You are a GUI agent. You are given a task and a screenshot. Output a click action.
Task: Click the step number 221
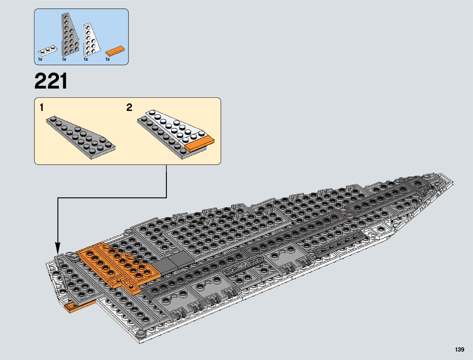coord(51,81)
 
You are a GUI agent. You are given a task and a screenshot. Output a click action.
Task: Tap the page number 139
coord(459,349)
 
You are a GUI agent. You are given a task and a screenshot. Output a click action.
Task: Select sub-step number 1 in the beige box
coord(42,108)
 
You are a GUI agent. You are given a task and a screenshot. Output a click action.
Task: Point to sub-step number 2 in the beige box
coord(129,108)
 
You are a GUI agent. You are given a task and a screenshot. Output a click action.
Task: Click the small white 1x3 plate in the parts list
coord(47,51)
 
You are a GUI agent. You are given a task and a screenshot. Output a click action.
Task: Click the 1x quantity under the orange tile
coord(108,60)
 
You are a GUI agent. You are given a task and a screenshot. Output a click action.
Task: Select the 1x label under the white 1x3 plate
coord(40,60)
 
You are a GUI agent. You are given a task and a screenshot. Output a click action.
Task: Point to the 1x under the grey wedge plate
coord(64,60)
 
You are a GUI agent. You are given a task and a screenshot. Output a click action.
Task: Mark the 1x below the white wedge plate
coord(86,60)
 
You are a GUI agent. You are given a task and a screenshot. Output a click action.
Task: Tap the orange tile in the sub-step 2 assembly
coord(199,144)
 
